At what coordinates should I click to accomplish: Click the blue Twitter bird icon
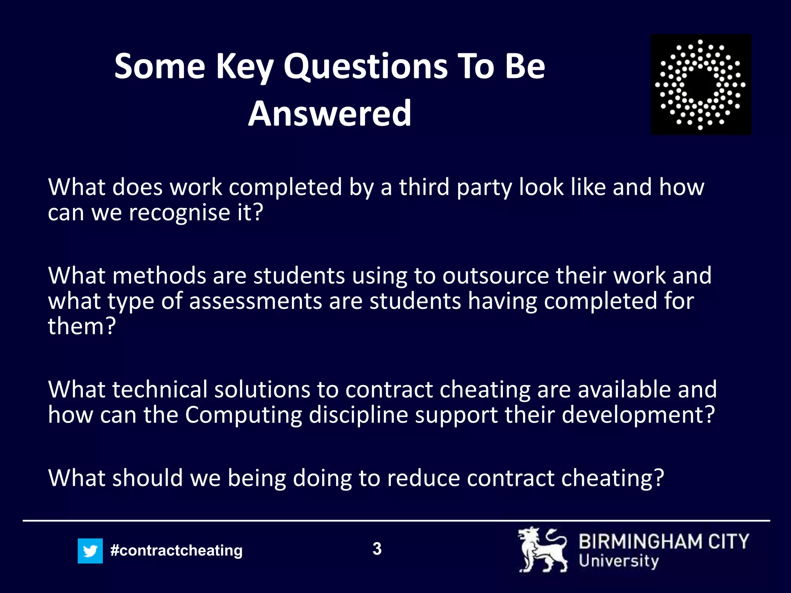point(90,551)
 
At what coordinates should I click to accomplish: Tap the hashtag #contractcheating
point(176,550)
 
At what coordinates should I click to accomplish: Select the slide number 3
point(377,549)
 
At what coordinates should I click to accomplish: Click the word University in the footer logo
point(618,561)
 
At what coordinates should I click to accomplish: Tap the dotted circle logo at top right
point(701,85)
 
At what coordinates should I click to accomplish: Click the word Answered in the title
point(329,113)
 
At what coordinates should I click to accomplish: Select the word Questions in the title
point(365,66)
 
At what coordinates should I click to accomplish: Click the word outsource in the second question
point(496,276)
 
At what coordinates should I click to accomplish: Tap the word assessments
point(256,301)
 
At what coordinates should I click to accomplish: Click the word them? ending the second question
point(82,326)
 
